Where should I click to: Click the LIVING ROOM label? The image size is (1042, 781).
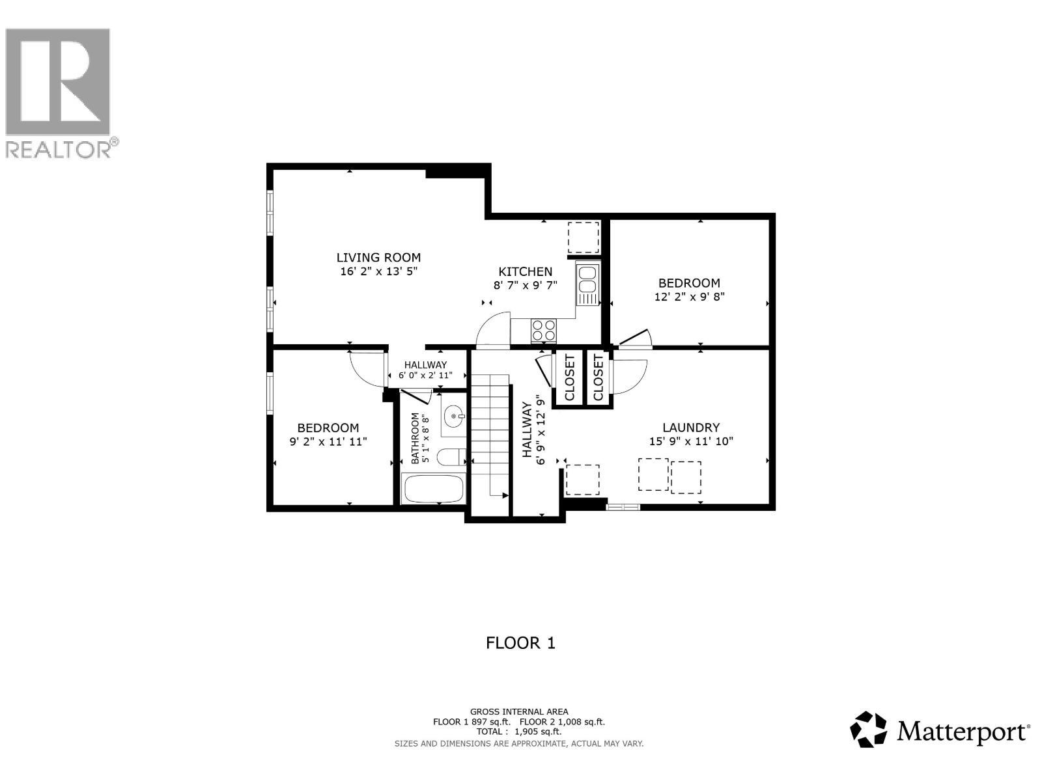(378, 258)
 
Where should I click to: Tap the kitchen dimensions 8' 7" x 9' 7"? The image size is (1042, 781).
(525, 285)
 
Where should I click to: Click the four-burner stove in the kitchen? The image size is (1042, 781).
(544, 330)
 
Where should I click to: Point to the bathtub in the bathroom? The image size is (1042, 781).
(433, 488)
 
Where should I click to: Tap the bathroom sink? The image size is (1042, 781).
(454, 415)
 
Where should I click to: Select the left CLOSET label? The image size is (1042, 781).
(570, 377)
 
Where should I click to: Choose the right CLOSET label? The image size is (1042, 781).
(598, 377)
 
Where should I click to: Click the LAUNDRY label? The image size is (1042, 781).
(691, 428)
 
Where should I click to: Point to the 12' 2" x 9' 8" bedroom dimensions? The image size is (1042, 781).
(689, 297)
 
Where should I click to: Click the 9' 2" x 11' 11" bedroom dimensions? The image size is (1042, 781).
(328, 441)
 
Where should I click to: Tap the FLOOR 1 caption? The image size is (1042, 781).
(520, 643)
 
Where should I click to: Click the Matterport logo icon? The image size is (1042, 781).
(869, 729)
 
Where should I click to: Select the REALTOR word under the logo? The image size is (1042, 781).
(59, 150)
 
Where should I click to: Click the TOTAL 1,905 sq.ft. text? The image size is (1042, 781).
(519, 732)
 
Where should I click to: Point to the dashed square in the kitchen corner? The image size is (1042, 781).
(583, 238)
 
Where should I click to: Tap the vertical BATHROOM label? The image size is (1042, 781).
(415, 438)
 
